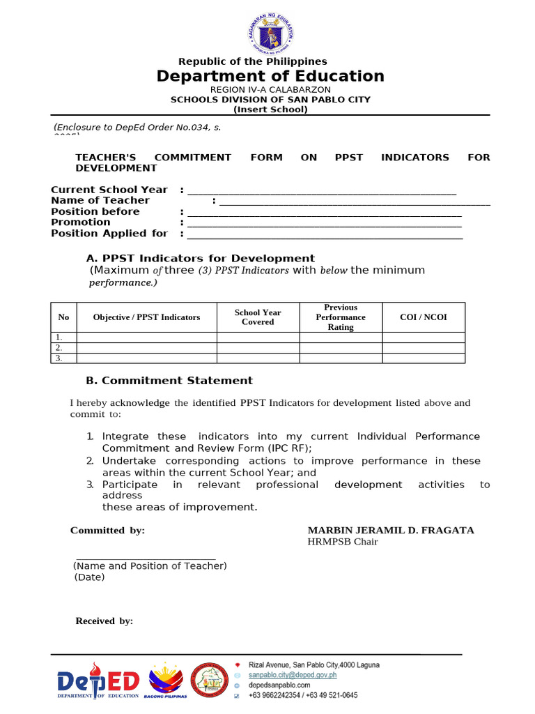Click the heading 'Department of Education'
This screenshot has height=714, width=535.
270,76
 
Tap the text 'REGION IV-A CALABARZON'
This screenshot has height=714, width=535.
270,90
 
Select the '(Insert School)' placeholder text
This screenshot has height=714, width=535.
270,109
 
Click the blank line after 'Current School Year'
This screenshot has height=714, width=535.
322,190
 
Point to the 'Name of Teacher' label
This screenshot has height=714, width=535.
100,201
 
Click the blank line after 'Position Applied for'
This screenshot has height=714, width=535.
325,234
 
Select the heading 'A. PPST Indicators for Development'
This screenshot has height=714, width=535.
200,259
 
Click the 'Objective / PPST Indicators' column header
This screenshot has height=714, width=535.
146,317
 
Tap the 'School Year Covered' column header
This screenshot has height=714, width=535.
258,317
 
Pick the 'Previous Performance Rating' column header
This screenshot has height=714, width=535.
341,317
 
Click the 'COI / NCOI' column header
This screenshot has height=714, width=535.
424,317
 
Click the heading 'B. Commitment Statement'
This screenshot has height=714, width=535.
169,381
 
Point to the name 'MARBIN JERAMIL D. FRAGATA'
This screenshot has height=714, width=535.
391,531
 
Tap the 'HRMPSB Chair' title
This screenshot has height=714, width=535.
343,542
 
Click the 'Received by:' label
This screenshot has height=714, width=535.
104,621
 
